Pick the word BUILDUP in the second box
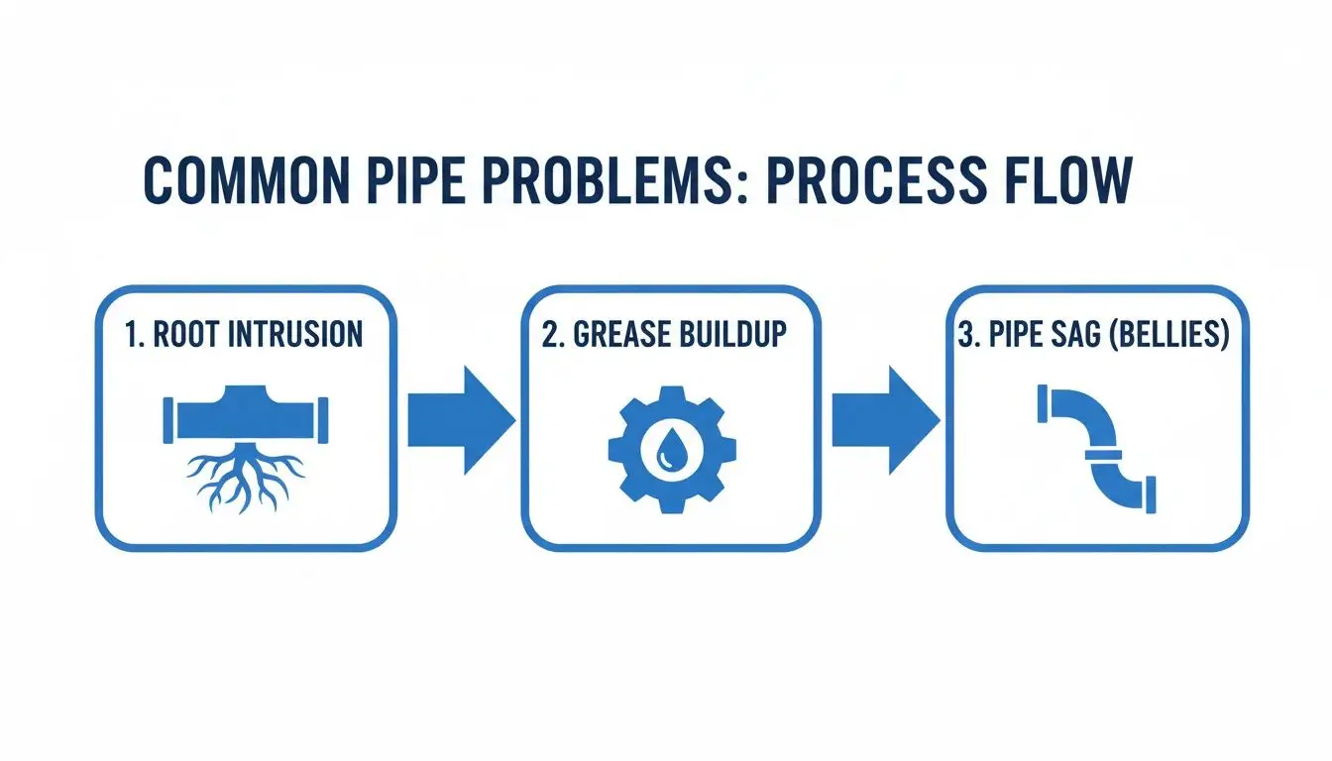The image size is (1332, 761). (x=732, y=334)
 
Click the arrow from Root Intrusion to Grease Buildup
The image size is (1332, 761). (x=461, y=420)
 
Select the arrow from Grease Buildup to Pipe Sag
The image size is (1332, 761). (x=884, y=420)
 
